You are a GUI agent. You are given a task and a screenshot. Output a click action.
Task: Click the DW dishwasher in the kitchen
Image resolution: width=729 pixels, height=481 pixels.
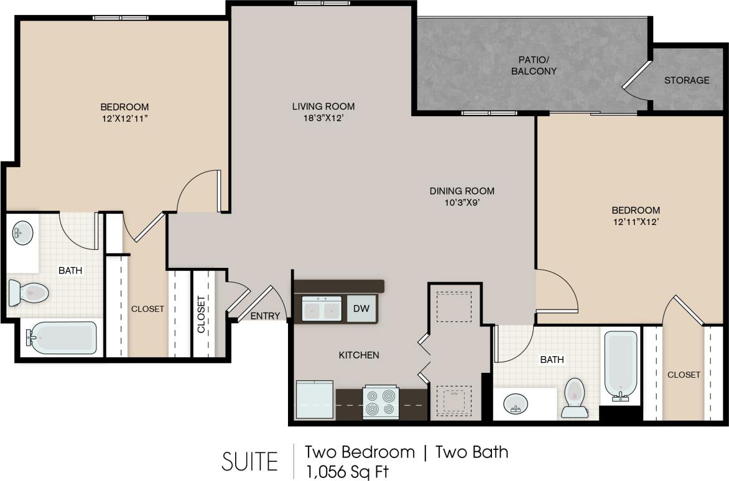(x=361, y=308)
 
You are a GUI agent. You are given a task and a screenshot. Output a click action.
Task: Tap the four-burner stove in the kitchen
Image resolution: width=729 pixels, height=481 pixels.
(x=381, y=402)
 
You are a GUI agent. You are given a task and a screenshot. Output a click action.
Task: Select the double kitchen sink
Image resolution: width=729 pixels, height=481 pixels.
(x=322, y=309)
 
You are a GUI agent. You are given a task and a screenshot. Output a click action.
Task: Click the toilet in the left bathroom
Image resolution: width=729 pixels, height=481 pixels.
(x=29, y=293)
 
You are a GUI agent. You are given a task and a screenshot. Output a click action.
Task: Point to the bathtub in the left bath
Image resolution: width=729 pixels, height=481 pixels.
(x=62, y=338)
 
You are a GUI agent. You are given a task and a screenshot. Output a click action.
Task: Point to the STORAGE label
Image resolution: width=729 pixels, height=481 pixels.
(x=687, y=80)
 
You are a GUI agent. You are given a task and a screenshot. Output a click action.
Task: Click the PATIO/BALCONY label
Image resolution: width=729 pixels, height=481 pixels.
(x=534, y=66)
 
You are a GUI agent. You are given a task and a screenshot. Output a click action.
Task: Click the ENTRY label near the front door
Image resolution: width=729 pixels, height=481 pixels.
(x=265, y=316)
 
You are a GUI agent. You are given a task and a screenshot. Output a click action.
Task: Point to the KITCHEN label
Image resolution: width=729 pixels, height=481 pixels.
(x=358, y=355)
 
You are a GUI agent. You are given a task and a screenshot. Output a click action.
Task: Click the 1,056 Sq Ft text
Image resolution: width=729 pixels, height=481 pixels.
(x=346, y=471)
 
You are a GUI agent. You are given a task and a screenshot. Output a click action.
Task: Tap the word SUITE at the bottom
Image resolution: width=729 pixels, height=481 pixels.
(x=249, y=462)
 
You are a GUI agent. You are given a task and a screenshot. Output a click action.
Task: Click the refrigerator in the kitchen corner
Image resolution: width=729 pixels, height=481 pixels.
(x=314, y=400)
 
